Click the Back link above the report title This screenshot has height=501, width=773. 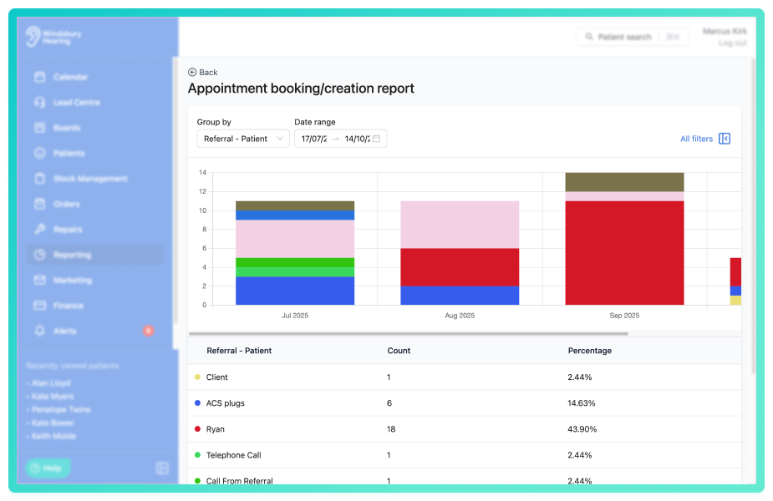pos(203,73)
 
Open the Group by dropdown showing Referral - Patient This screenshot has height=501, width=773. pos(243,139)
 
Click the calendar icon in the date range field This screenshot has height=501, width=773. pos(376,139)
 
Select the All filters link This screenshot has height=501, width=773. pos(696,139)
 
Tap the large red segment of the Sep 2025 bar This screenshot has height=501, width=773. pos(624,252)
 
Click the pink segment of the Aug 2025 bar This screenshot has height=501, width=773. pos(460,224)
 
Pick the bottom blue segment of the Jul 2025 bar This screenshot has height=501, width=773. pos(295,291)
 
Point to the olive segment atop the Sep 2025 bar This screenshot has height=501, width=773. pos(624,182)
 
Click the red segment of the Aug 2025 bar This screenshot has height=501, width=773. pos(460,266)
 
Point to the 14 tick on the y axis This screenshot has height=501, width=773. pos(202,173)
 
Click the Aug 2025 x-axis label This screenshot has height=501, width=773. pos(460,316)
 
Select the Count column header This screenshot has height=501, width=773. pos(399,351)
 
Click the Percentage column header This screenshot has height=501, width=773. pos(589,351)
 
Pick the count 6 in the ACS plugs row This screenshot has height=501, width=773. pos(390,403)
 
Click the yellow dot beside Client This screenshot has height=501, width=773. pos(197,377)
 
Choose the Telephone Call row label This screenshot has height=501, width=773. pos(233,455)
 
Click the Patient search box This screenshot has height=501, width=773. pos(623,37)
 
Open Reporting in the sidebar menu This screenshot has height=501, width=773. pos(72,255)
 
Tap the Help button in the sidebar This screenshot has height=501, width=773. pos(47,468)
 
